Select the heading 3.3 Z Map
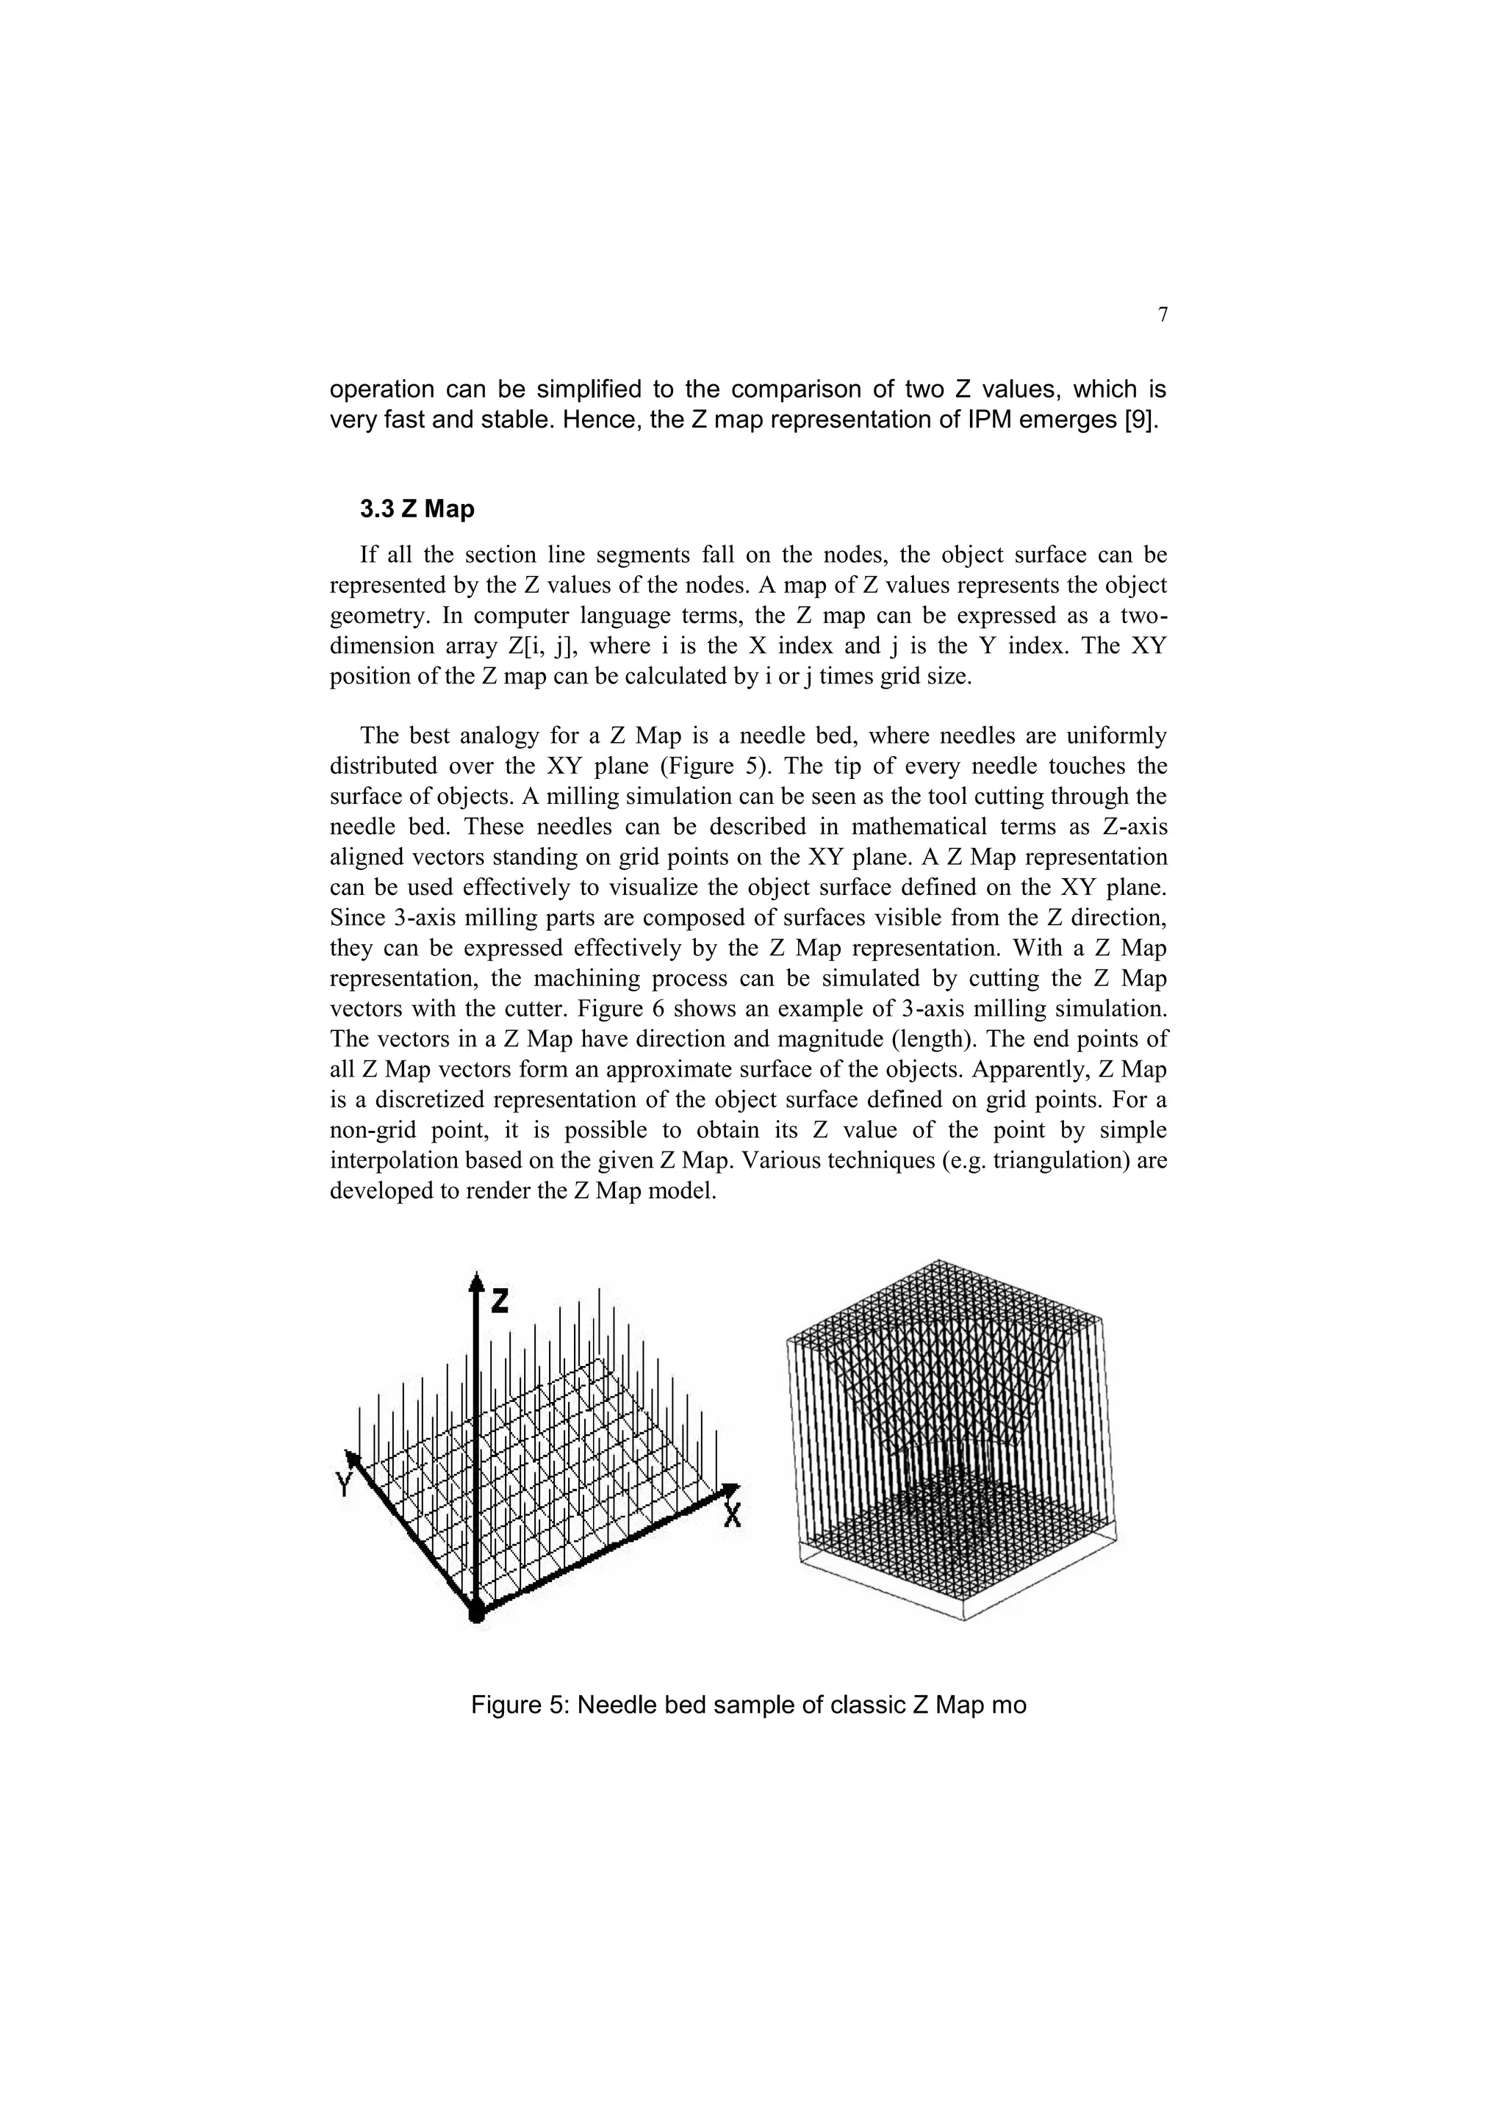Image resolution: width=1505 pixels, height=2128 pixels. (417, 508)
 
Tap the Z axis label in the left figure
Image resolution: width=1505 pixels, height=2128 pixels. (500, 1301)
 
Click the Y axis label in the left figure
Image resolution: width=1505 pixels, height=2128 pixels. (344, 1486)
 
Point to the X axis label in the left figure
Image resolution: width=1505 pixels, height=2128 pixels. (732, 1517)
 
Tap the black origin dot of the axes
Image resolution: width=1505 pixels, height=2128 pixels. (475, 1614)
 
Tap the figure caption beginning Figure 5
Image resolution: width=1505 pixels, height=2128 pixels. (749, 1705)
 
